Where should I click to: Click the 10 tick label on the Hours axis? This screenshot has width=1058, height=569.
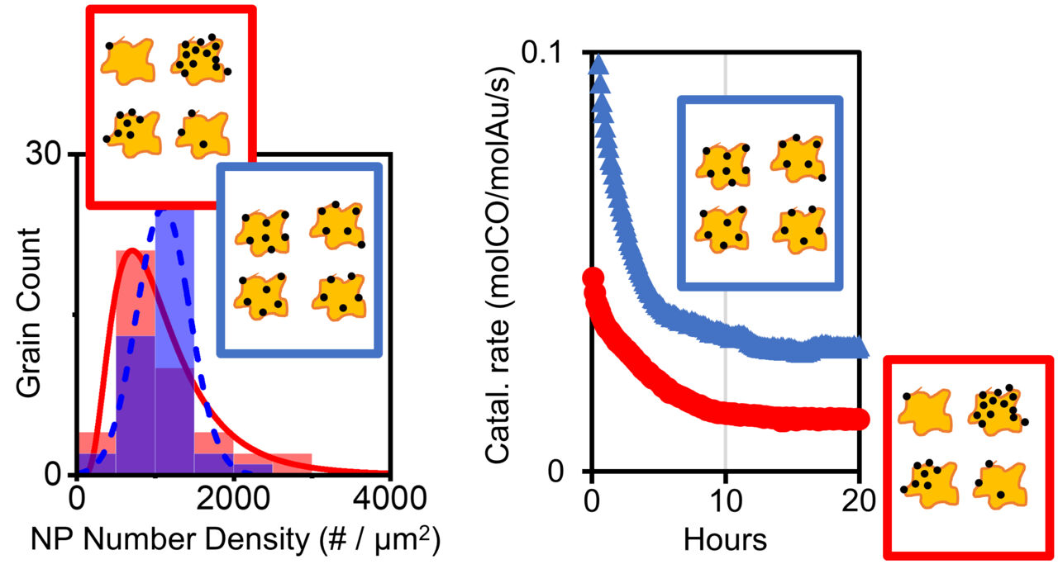click(725, 500)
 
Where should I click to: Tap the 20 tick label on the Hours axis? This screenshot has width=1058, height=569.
click(860, 500)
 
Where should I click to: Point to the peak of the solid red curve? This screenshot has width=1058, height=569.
click(131, 252)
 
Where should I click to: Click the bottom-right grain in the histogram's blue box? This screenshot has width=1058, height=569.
click(339, 292)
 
